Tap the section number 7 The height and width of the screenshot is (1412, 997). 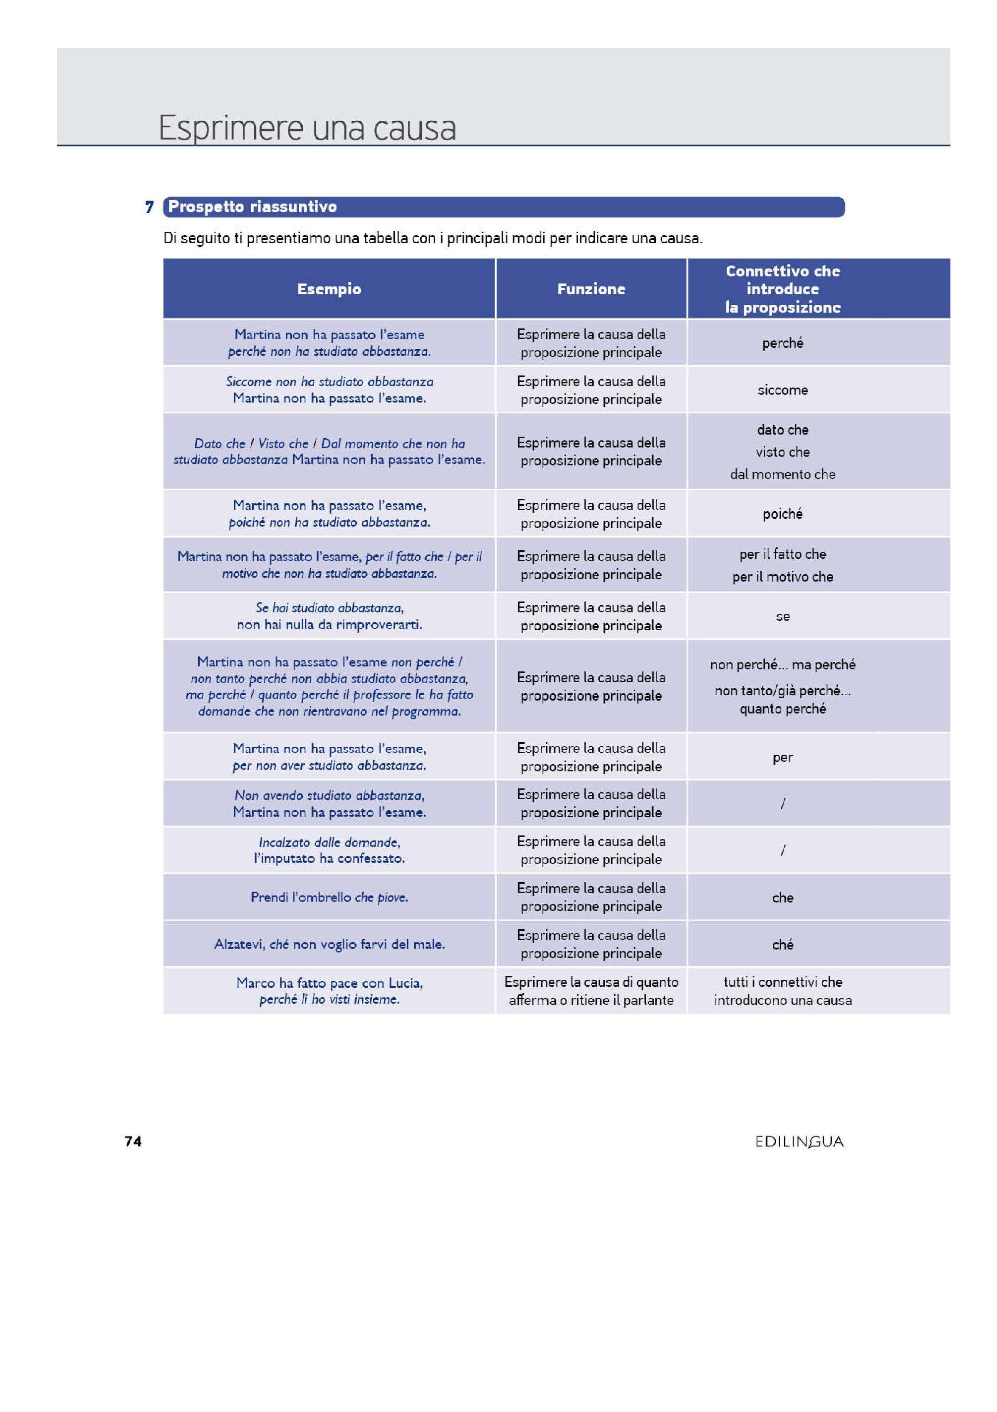[x=149, y=206]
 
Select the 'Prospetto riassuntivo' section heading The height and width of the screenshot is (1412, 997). [x=252, y=206]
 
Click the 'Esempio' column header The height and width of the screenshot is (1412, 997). [x=329, y=289]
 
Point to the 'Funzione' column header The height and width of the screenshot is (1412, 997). [x=591, y=289]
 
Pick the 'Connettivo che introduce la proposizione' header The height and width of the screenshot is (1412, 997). [x=782, y=289]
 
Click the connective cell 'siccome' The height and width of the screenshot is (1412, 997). [x=782, y=390]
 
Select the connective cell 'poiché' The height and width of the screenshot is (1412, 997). [x=782, y=514]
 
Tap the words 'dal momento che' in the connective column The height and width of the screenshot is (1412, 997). [x=782, y=474]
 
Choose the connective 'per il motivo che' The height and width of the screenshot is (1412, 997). [x=782, y=577]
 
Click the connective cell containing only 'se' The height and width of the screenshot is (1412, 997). [x=782, y=616]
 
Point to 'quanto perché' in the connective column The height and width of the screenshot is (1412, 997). [x=782, y=708]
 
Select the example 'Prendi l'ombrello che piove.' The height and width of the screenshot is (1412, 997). [x=329, y=897]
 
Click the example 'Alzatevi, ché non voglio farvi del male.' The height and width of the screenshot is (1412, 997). [x=329, y=944]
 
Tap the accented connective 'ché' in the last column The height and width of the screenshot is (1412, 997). [x=782, y=944]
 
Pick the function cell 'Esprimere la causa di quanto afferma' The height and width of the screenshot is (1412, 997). [x=591, y=991]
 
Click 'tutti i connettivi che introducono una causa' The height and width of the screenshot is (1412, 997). [x=782, y=991]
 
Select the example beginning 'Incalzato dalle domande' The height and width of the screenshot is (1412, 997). [x=329, y=850]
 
